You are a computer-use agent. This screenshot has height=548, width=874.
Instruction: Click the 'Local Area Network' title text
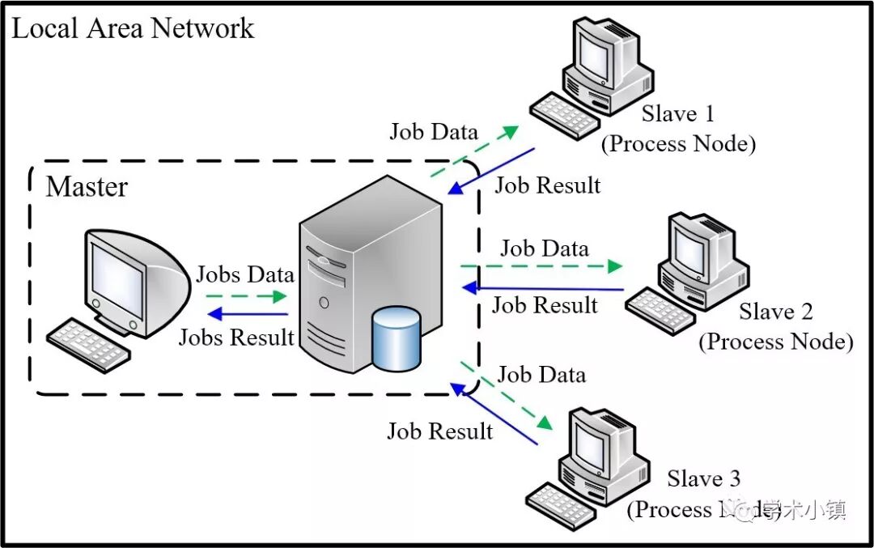(x=133, y=28)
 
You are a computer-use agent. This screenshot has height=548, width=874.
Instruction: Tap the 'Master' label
(x=87, y=187)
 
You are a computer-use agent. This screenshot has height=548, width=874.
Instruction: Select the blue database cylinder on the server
(x=396, y=340)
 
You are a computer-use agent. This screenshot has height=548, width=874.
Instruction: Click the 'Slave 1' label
(x=678, y=114)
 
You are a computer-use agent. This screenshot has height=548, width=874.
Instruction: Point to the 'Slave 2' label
(x=775, y=312)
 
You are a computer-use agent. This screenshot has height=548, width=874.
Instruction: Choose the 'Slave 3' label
(x=703, y=478)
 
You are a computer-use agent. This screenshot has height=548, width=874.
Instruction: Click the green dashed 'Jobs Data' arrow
(x=243, y=297)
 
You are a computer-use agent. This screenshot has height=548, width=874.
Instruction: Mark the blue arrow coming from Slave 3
(x=494, y=415)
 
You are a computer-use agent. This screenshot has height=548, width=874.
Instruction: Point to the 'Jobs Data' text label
(x=244, y=274)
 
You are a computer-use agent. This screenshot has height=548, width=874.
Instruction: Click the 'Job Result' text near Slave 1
(x=548, y=185)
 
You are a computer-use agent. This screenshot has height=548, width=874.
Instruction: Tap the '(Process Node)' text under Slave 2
(x=775, y=341)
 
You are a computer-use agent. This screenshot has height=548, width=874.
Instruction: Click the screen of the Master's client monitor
(x=117, y=275)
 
